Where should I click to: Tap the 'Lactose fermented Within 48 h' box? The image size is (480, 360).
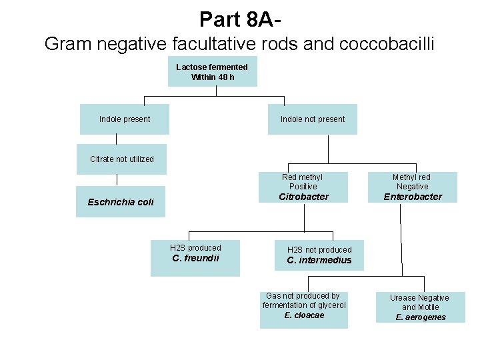coord(212,72)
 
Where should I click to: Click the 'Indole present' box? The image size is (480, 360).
coord(125,119)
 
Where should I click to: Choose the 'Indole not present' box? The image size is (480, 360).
coord(313,119)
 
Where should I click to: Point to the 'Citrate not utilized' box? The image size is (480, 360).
coord(121,159)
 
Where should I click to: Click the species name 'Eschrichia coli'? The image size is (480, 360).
coord(121,202)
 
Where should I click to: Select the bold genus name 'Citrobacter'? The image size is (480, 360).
coord(303,197)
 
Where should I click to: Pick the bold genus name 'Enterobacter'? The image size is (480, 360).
coord(413,197)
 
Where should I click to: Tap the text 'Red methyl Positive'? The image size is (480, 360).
coord(302,181)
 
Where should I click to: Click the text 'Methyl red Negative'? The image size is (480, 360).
coord(411,181)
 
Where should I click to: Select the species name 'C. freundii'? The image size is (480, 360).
coord(195,258)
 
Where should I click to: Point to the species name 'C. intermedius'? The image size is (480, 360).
coord(319,261)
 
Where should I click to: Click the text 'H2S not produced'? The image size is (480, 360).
coord(319,250)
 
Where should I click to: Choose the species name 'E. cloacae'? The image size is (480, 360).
coord(304,315)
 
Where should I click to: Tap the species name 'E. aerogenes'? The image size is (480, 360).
coord(420,317)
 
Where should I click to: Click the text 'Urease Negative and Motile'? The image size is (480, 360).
coord(420,303)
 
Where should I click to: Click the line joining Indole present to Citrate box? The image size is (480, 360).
coord(117,139)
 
